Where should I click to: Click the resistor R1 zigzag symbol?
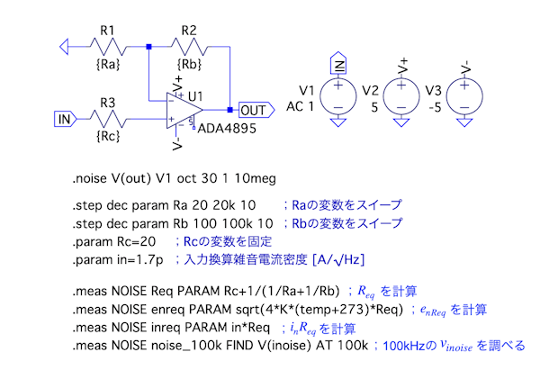point(109,45)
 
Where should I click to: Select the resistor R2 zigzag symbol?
point(190,45)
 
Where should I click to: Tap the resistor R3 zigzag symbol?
point(108,118)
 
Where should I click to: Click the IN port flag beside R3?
point(65,118)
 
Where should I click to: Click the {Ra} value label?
point(107,64)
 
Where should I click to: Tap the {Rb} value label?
point(189,64)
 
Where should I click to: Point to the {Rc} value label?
point(108,137)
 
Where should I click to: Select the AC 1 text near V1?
point(301,105)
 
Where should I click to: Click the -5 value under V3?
point(431,105)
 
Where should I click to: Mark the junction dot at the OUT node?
point(230,110)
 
